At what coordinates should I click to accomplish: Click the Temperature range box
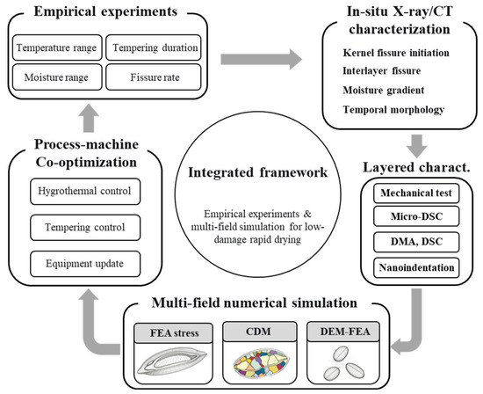57,47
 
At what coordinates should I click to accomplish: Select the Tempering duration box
154,47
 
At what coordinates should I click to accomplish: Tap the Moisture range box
57,77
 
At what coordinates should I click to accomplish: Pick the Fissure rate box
154,77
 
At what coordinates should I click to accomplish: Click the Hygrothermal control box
85,192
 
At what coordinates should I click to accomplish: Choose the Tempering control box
85,228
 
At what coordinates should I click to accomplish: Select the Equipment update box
85,264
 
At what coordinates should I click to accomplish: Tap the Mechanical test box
416,193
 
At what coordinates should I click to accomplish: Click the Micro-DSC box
416,216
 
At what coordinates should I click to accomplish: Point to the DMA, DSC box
416,242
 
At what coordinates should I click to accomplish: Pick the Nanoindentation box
416,268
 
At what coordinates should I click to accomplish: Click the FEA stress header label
174,333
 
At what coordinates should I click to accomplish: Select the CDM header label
260,332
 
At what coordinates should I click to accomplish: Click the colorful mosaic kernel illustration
261,364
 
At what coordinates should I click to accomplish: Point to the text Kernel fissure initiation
396,53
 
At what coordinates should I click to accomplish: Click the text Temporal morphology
393,110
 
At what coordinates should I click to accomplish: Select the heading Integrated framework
258,172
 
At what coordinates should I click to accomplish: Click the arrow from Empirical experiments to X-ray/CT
261,59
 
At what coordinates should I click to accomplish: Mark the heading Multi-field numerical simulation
255,303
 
